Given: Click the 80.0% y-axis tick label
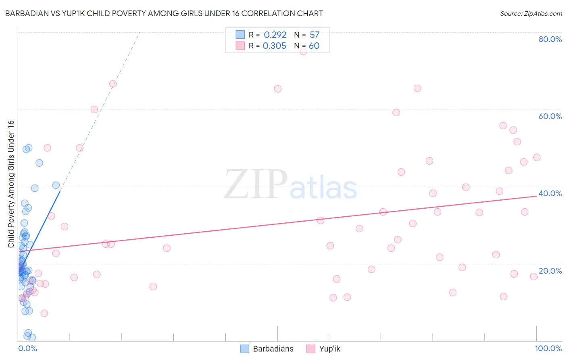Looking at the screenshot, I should click(550, 39).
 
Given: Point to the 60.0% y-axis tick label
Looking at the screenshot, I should click(550, 116).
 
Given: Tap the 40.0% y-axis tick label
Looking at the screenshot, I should click(550, 193).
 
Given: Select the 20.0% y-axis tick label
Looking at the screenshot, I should click(550, 271).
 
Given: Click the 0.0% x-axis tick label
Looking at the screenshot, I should click(27, 348).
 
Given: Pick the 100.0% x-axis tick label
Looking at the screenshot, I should click(548, 348).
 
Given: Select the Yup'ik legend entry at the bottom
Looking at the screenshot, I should click(329, 349).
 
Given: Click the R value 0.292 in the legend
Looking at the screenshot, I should click(275, 35).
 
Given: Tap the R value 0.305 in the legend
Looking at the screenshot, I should click(275, 46).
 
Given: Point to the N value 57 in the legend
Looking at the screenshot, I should click(315, 35).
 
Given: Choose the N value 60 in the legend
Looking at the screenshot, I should click(314, 46).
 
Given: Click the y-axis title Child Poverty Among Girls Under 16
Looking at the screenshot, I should click(11, 184).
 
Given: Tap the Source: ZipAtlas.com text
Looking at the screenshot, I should click(531, 14).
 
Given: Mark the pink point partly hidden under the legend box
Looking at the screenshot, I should click(304, 51).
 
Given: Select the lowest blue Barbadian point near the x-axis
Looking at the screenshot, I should click(32, 337).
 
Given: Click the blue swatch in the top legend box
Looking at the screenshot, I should click(240, 35).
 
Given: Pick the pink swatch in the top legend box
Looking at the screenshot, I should click(240, 46).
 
